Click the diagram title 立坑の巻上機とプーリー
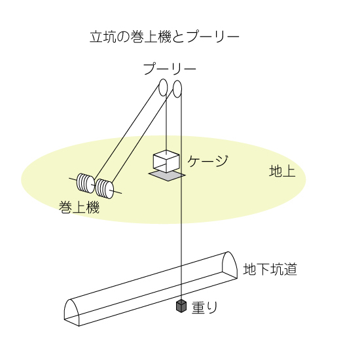164,37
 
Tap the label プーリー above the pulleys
170,69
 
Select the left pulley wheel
163,87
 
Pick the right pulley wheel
177,89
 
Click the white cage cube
166,162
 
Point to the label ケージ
207,161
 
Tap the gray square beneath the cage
167,176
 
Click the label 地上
282,171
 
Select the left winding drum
85,183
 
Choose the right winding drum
105,189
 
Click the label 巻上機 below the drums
79,207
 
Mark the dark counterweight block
181,306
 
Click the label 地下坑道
270,269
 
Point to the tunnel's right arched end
230,265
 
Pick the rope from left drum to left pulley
127,132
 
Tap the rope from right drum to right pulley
143,136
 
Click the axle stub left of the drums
73,179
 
